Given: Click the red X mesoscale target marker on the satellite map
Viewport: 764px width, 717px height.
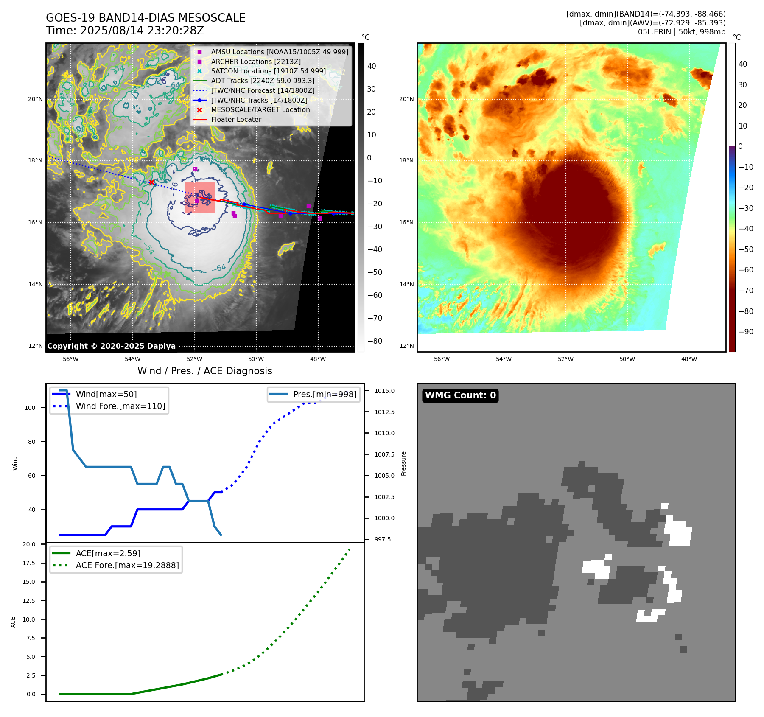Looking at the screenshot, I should (x=151, y=182).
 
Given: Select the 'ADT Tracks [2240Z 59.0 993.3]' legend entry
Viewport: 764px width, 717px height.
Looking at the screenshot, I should (x=263, y=81).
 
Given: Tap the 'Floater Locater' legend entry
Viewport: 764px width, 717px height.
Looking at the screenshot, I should (x=236, y=119).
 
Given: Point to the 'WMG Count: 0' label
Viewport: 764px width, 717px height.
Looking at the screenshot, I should (x=460, y=395).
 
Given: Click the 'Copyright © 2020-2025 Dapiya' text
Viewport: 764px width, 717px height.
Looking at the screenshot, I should (x=111, y=346).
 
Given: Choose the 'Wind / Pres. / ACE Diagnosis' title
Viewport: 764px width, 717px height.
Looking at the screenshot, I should (x=204, y=371).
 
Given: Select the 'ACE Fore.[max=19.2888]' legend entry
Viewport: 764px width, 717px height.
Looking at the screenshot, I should (x=127, y=565).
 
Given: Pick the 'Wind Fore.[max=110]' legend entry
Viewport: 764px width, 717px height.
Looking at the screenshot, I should (x=120, y=406).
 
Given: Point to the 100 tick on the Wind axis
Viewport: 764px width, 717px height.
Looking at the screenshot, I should (x=30, y=408).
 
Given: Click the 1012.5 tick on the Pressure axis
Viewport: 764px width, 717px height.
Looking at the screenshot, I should (x=384, y=412).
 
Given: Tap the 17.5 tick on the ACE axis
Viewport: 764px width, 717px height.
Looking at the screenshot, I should (x=29, y=563).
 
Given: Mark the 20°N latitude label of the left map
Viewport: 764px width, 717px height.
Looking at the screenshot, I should (x=35, y=99).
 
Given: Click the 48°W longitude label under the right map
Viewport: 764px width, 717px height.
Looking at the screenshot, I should (x=689, y=359).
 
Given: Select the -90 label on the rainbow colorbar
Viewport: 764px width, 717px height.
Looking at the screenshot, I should (x=746, y=332).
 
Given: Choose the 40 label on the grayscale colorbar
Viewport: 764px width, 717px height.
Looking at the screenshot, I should (x=372, y=66).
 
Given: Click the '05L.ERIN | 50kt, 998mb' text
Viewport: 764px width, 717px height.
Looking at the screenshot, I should (x=681, y=32).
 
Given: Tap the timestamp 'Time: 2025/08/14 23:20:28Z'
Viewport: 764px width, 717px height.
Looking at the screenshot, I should (x=125, y=31).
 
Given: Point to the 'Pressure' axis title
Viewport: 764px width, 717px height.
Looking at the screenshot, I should (x=403, y=463).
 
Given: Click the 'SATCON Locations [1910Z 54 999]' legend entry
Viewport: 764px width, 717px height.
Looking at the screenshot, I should (x=268, y=71).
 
